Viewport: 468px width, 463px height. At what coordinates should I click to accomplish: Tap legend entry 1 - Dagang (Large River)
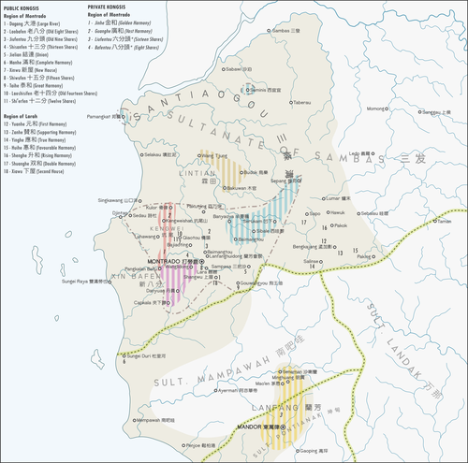coord(33,22)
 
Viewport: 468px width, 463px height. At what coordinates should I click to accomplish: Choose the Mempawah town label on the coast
coord(154,420)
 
